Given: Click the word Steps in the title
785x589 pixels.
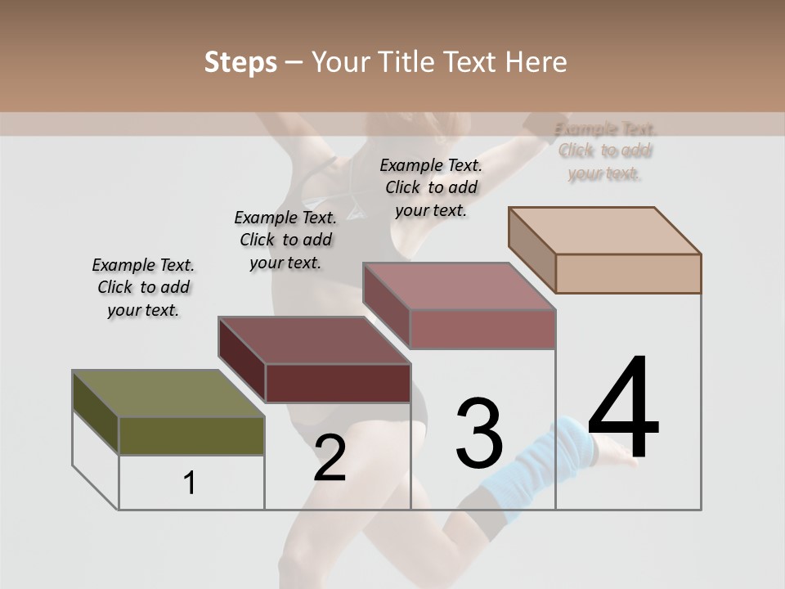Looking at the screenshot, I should pos(240,62).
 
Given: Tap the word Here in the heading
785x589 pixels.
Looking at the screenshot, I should pos(536,62).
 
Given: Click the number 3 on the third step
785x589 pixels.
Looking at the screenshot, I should pos(479,434).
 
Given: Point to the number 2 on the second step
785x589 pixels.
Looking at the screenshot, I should pos(330,459).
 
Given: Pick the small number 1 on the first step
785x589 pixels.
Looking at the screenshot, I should pos(190,483).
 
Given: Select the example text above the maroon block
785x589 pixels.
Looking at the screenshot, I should pos(285,241).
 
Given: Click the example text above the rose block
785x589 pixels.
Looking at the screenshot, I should pos(431,187).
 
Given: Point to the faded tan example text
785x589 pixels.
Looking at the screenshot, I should pos(605,151).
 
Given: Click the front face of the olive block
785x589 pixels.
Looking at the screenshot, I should pos(191,436).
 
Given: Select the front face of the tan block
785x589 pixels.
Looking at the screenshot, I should pos(628,273).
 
